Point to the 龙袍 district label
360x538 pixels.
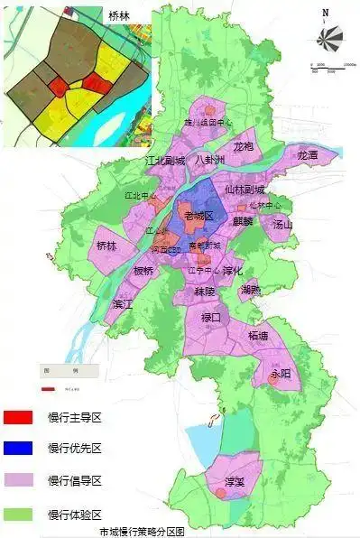[245, 146]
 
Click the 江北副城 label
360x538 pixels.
[164, 161]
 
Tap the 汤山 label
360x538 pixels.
[282, 225]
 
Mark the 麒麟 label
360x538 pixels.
[242, 220]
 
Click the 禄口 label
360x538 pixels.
[211, 317]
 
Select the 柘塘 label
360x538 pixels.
[258, 335]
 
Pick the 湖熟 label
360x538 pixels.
[251, 290]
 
